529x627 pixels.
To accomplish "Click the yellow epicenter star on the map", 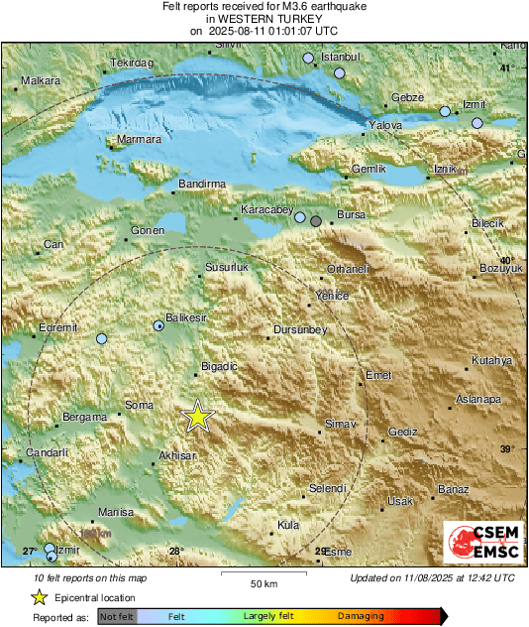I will coord(198,417).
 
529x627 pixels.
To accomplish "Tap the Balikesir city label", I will coord(186,317).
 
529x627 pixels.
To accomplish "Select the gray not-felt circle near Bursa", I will coord(316,221).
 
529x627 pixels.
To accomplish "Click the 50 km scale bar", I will coord(262,573).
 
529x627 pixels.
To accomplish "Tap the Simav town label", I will coord(340,425).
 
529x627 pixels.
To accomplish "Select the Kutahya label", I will coord(491,360).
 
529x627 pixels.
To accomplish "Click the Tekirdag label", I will coord(133,63).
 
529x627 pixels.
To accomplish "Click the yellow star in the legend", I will coord(40,597).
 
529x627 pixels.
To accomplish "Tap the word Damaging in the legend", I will coord(361,616).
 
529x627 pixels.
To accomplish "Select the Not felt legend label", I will coord(117,616).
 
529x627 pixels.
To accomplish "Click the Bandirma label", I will coord(202,185).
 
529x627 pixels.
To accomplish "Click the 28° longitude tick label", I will coord(175,551).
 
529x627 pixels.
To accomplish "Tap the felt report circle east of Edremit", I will coord(101,338).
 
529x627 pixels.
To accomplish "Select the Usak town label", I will coord(399,501).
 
